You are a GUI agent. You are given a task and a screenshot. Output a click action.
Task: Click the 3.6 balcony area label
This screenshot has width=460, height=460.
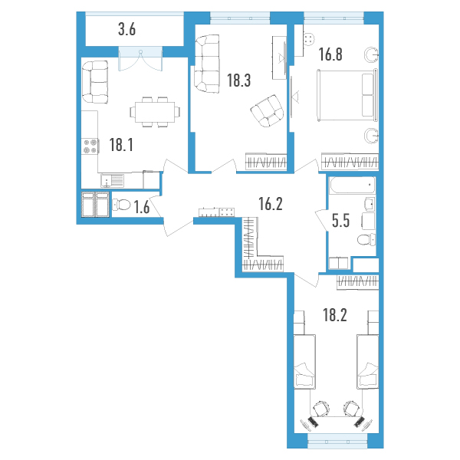point(127,30)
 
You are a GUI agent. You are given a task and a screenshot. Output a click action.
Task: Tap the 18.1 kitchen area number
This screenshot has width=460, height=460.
point(121,145)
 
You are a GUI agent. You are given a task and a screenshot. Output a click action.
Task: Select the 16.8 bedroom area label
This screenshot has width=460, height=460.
point(330,54)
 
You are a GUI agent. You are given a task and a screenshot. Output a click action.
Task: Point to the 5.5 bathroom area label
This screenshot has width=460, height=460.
point(341,221)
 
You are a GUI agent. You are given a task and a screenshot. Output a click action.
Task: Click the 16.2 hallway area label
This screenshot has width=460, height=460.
point(271,204)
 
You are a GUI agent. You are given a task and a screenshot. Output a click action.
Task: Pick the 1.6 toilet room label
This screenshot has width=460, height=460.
point(142,207)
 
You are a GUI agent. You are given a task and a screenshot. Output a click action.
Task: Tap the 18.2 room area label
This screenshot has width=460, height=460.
point(335,315)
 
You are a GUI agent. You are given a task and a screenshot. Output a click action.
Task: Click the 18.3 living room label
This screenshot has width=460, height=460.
point(238,80)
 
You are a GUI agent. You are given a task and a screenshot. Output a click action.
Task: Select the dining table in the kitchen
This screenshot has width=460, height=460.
point(155,112)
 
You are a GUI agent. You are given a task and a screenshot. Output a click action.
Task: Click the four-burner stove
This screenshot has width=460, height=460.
point(90,146)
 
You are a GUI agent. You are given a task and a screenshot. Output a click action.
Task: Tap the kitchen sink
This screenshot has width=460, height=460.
point(113,181)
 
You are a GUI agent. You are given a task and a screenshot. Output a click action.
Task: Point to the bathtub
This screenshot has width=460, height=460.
point(353,185)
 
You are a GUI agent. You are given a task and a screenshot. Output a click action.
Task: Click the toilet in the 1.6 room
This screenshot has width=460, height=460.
point(121,205)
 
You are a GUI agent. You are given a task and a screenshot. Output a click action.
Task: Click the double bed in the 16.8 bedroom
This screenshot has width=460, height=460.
point(347,95)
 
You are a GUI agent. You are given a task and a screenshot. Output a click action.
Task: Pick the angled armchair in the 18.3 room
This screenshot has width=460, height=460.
point(268,111)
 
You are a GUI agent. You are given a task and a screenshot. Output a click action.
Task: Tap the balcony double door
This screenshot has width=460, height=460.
point(140,59)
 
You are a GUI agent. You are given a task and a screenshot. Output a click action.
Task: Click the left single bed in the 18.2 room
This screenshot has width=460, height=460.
point(304,361)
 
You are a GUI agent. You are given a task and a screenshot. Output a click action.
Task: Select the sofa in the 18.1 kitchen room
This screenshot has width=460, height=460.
point(95,82)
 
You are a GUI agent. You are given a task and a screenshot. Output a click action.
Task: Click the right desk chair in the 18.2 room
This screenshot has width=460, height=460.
point(352,408)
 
